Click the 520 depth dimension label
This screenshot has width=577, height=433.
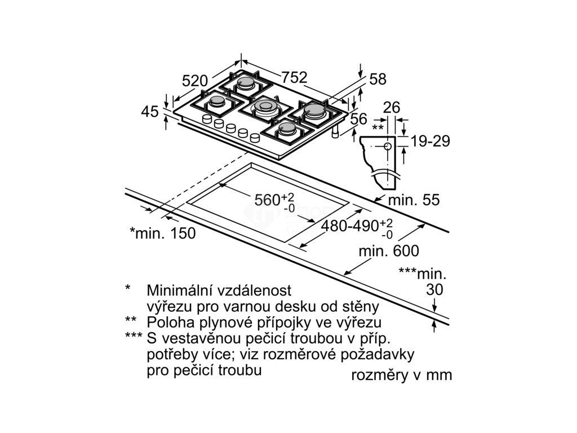point(196,81)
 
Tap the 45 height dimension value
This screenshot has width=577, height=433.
point(150,112)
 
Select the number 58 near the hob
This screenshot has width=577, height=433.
point(378,79)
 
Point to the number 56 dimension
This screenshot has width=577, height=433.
point(358,118)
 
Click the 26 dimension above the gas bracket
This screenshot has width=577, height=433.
point(390,107)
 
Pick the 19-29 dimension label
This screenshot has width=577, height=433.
point(430,141)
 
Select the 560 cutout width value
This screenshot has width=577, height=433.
point(267,200)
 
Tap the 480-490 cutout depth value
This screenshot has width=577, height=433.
point(350,226)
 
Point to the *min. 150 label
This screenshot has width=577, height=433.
point(162,233)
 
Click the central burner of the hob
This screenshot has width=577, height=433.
point(263,107)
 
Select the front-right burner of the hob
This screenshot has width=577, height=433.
point(288,131)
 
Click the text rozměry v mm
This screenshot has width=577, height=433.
point(401,375)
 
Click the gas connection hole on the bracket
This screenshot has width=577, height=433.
point(388,147)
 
